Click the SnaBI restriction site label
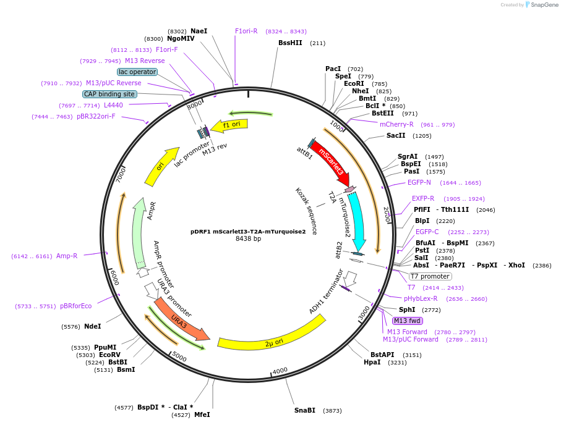click(305, 410)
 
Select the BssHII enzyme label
click(290, 43)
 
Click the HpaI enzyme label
click(372, 363)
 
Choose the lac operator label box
click(137, 72)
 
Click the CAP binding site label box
click(109, 94)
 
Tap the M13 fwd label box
click(408, 321)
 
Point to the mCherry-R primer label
click(396, 124)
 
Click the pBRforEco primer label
click(75, 306)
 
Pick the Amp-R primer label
click(67, 256)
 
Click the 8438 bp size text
click(248, 239)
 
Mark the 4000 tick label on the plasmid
click(280, 370)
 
